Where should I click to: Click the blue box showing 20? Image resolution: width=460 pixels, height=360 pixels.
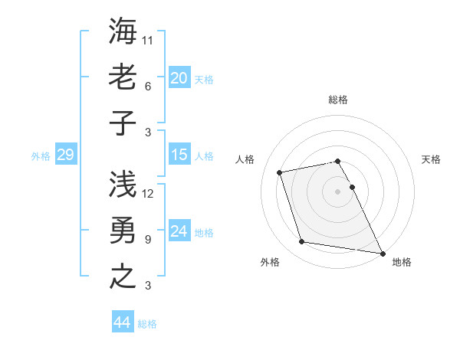coord(179,77)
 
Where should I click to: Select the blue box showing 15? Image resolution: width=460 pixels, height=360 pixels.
coord(179,155)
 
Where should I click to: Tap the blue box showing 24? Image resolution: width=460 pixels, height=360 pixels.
coord(179,231)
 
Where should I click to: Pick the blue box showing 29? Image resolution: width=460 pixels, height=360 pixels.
coord(65,155)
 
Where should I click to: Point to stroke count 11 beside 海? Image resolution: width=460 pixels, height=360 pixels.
coord(149,39)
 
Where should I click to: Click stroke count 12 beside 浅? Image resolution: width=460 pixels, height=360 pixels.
coord(149,193)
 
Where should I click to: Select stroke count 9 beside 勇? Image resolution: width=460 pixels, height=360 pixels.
coord(148,239)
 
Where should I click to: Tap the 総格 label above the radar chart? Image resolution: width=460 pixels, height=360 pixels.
coord(338,100)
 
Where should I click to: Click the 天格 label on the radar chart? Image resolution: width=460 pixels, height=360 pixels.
coord(431,159)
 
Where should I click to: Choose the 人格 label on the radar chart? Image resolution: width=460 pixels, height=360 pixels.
coord(245,159)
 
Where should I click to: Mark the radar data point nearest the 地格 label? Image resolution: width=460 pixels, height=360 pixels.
coord(382,253)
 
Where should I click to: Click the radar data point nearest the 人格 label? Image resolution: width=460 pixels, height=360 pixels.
coord(280,172)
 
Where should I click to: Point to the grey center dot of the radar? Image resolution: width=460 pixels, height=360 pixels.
coord(337,191)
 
